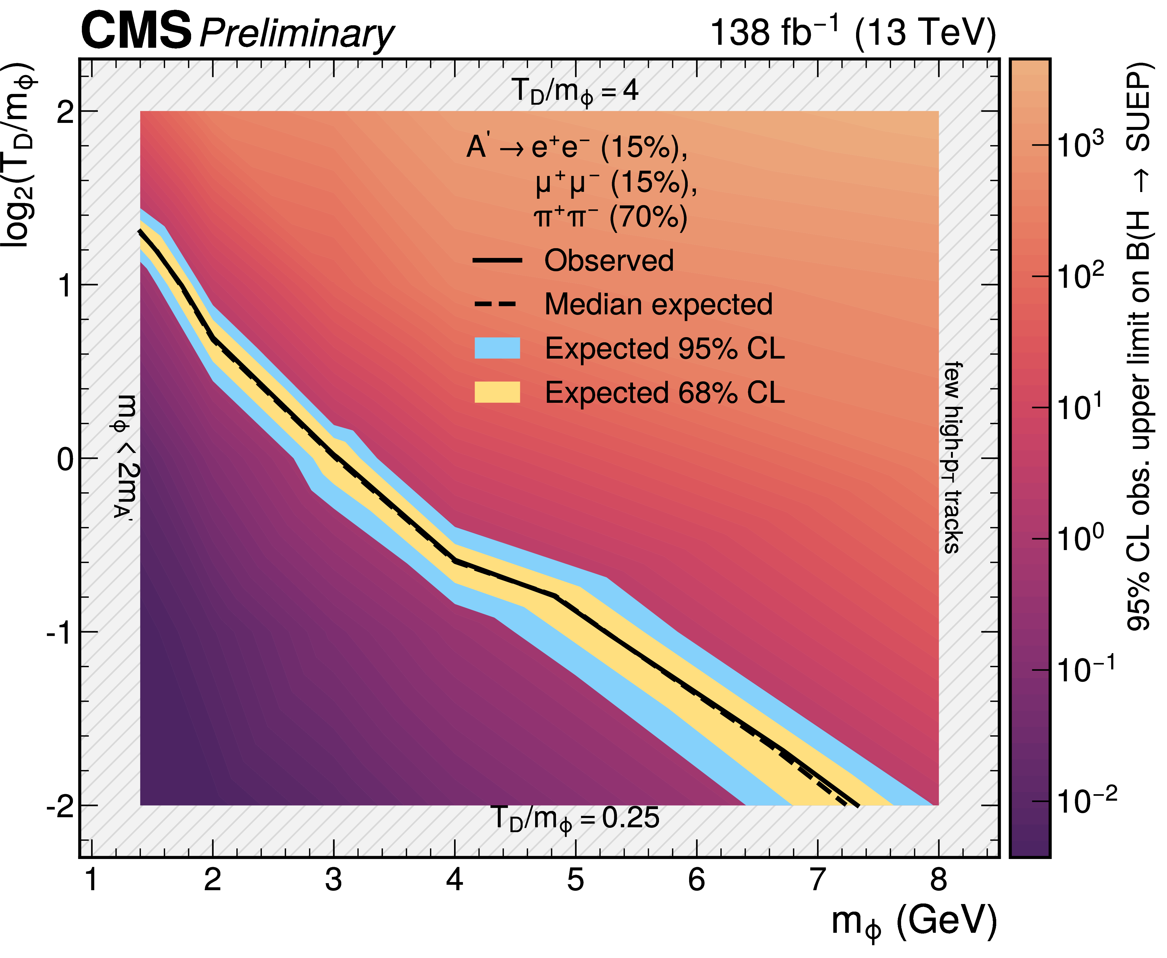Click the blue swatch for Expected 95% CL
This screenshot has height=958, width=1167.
pos(497,348)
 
